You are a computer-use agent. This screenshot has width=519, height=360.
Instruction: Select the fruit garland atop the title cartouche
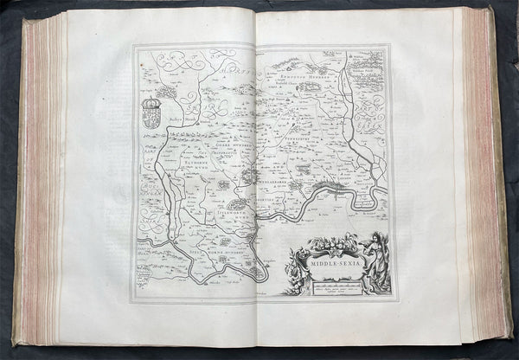tap(331, 241)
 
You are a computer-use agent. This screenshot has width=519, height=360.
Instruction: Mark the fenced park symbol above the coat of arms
tap(164, 90)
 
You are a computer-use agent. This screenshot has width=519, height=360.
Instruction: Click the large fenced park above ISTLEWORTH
tap(236, 206)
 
